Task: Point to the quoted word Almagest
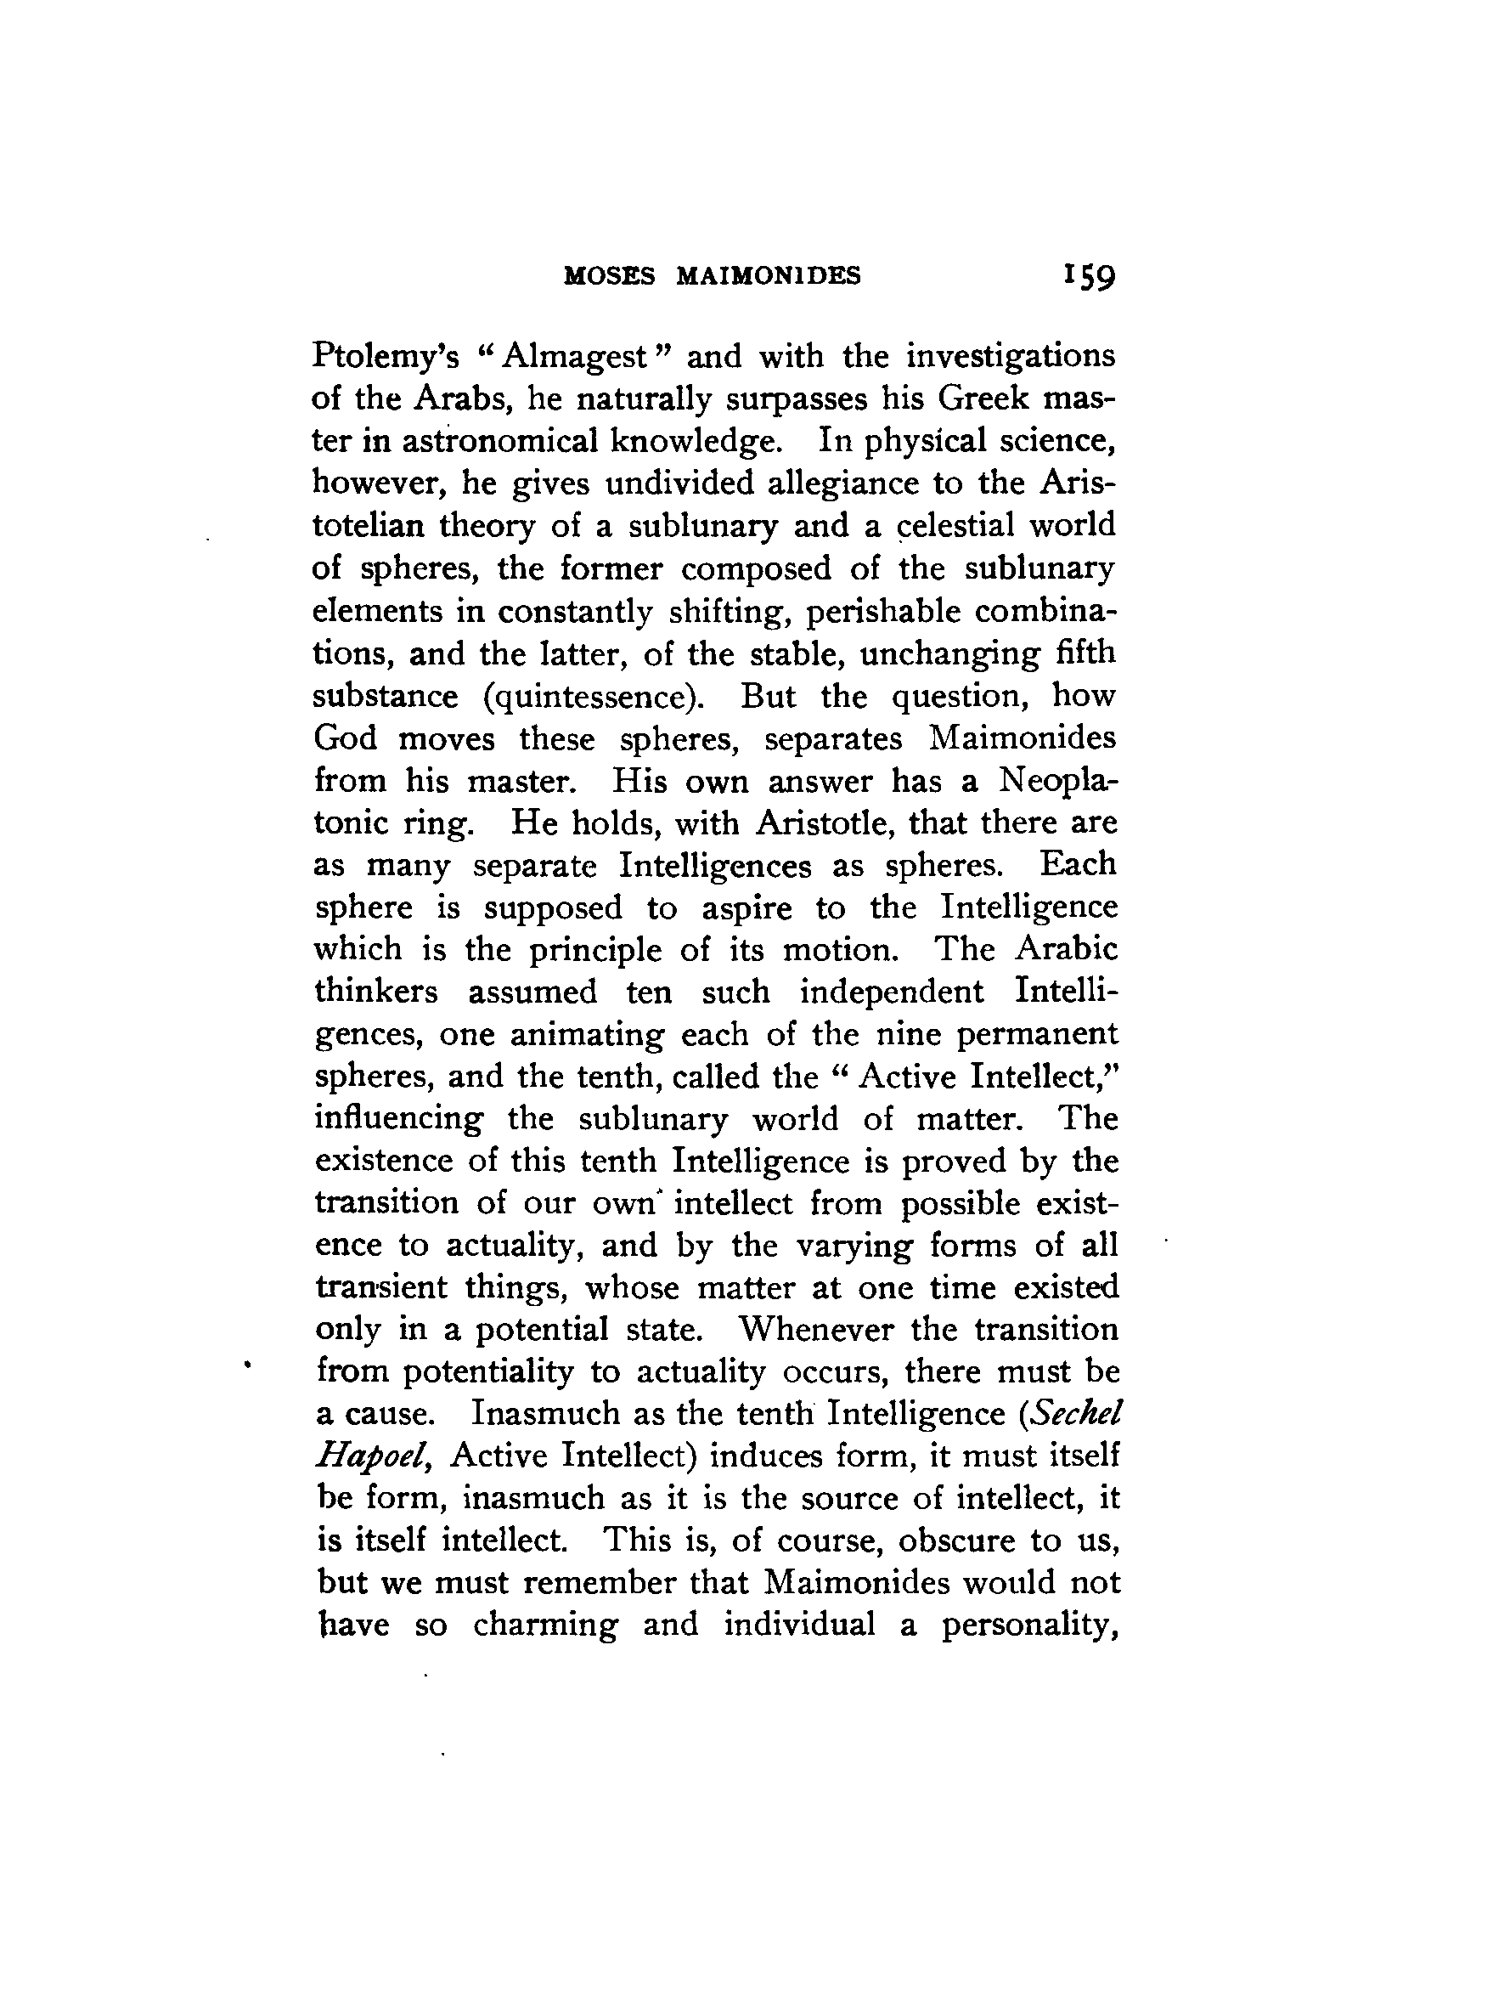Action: (576, 357)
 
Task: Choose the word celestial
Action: (942, 526)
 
